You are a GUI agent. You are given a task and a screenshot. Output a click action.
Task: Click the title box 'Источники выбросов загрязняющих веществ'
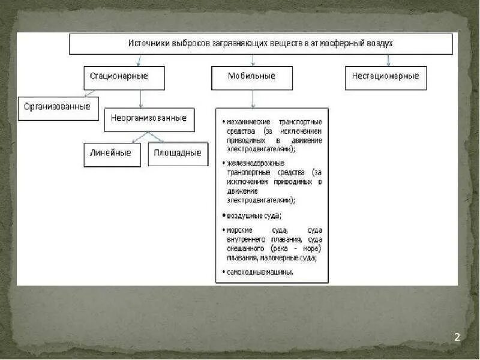pyautogui.click(x=261, y=44)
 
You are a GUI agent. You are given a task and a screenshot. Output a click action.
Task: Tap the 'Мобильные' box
pyautogui.click(x=252, y=77)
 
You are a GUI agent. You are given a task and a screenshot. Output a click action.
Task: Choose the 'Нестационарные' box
pyautogui.click(x=386, y=77)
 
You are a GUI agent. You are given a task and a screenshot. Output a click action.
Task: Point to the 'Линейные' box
pyautogui.click(x=111, y=154)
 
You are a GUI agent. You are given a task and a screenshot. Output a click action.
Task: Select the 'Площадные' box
pyautogui.click(x=178, y=154)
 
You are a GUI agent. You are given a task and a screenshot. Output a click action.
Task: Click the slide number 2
pyautogui.click(x=457, y=337)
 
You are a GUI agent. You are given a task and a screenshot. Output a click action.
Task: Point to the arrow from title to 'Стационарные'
pyautogui.click(x=139, y=60)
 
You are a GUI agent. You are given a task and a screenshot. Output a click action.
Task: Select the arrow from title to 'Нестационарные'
pyautogui.click(x=389, y=60)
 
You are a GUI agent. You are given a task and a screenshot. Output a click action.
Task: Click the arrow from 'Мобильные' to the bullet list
pyautogui.click(x=253, y=99)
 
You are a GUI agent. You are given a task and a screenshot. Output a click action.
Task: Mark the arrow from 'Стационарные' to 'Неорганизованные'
pyautogui.click(x=141, y=99)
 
